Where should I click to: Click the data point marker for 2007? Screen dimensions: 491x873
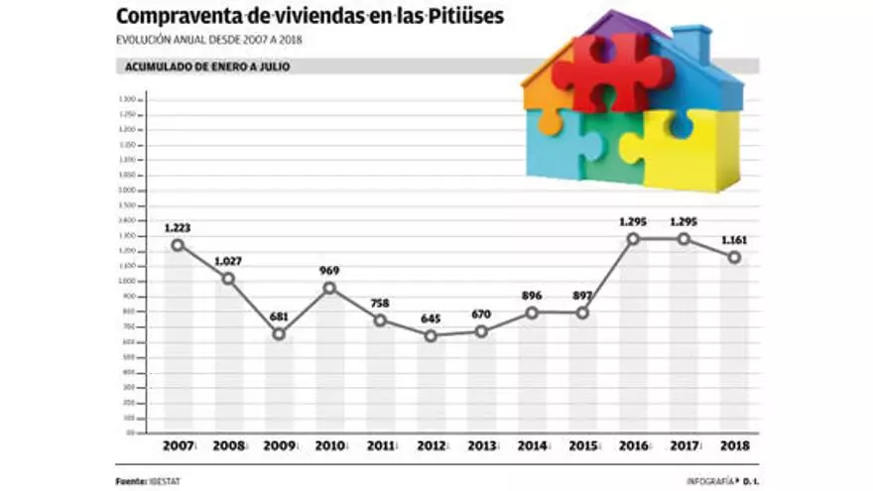point(178,245)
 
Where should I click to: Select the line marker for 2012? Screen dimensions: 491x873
point(430,336)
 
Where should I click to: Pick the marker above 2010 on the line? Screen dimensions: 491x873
point(329,288)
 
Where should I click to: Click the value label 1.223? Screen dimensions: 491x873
point(178,228)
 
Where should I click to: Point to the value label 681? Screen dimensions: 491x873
point(279,316)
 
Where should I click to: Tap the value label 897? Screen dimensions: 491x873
point(581,296)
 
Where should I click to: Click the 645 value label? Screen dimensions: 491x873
point(430,319)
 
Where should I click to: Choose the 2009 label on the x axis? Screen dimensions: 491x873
point(279,446)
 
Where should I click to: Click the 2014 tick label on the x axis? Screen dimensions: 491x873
point(531,446)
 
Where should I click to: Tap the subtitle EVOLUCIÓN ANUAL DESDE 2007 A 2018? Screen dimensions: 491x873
point(209,40)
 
